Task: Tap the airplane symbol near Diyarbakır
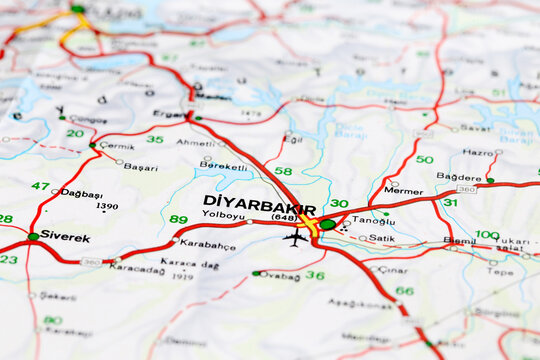coord(295,238)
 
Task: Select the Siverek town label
coord(65,237)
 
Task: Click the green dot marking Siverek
coord(33,237)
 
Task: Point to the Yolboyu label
coord(223,214)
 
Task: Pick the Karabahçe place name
coord(209,244)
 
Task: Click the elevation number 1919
coord(182,277)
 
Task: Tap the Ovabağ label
coord(280,275)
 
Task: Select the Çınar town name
coord(393,269)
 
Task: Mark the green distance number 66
coord(404,291)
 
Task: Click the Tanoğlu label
coord(374,221)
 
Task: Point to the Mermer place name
coord(403,190)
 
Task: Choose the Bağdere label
coord(459,177)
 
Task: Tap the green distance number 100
coord(487,235)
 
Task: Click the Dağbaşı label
coord(82,194)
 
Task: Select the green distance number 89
coord(178,219)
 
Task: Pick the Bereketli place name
coord(222,165)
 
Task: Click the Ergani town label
coord(169,114)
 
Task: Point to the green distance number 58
coord(283,171)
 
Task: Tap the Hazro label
coord(478,153)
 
